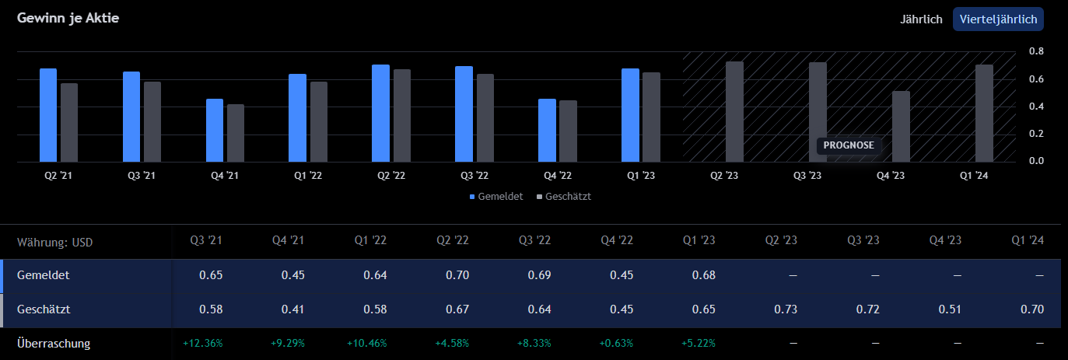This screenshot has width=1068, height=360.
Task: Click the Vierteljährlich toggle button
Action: [x=998, y=19]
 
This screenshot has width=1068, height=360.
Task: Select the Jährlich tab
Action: [x=921, y=19]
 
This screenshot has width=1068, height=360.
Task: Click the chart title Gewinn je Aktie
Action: [x=68, y=18]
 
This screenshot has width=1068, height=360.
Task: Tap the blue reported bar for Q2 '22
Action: [x=380, y=114]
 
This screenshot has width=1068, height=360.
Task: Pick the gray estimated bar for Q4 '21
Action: [x=236, y=133]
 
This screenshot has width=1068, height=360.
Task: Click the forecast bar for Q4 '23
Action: [x=901, y=127]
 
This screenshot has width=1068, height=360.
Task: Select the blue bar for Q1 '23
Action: [x=630, y=115]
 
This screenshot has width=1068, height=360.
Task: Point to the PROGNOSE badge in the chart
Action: [x=848, y=145]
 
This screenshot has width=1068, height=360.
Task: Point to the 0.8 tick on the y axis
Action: [x=1036, y=51]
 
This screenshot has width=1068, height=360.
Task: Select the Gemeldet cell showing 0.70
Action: [x=457, y=275]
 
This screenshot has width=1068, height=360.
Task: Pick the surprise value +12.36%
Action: [x=203, y=343]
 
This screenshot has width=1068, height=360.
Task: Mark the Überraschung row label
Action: [x=54, y=343]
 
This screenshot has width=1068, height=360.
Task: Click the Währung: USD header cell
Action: [x=54, y=242]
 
